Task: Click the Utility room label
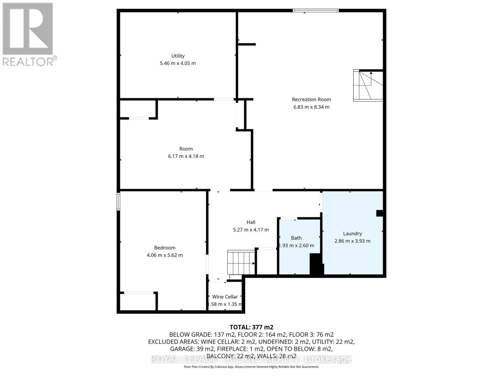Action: pyautogui.click(x=178, y=56)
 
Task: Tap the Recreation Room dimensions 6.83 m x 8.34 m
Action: pyautogui.click(x=311, y=107)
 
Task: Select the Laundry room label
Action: pyautogui.click(x=352, y=233)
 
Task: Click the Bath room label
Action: pyautogui.click(x=296, y=238)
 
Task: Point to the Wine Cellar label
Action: pyautogui.click(x=225, y=297)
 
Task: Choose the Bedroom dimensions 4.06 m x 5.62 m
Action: pyautogui.click(x=164, y=255)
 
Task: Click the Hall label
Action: pyautogui.click(x=251, y=222)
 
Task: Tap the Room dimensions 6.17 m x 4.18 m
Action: pyautogui.click(x=186, y=156)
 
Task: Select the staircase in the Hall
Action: pyautogui.click(x=241, y=263)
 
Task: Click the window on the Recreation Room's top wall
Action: pyautogui.click(x=315, y=10)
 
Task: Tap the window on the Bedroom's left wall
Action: pyautogui.click(x=119, y=201)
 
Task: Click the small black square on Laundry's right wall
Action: pyautogui.click(x=379, y=213)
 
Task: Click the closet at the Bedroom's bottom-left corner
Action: pyautogui.click(x=138, y=302)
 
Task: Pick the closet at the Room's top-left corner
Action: pyautogui.click(x=138, y=109)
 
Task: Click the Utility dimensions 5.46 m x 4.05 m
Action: pyautogui.click(x=178, y=63)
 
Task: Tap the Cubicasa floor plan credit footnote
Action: pyautogui.click(x=251, y=367)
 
